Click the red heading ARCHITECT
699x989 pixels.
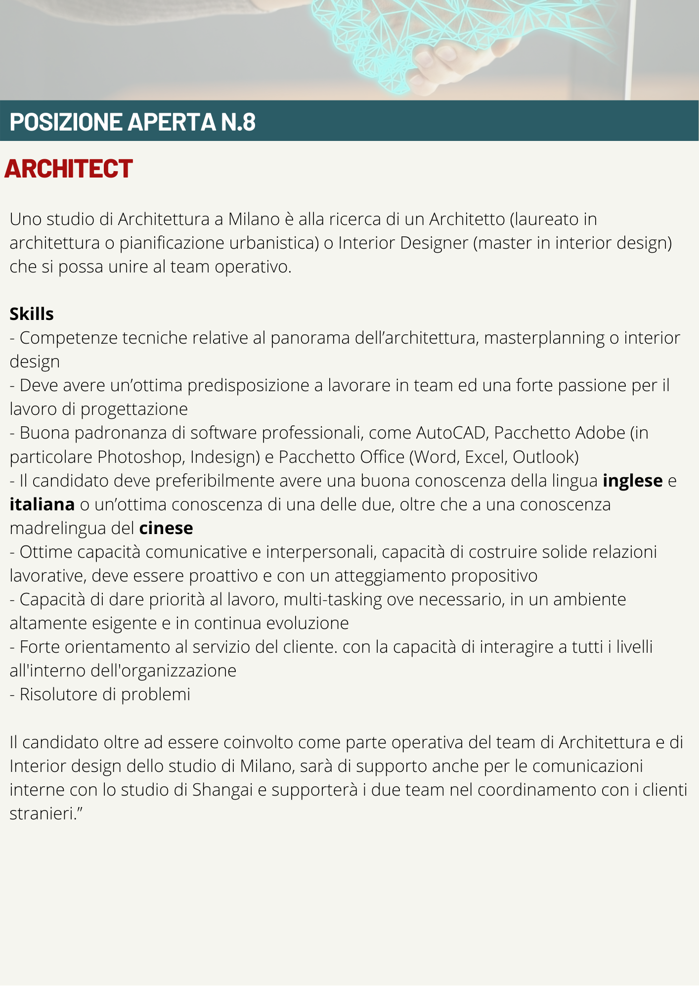pos(68,169)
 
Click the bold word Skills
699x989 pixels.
pos(32,314)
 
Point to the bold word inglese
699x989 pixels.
pos(632,481)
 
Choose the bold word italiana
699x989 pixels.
pos(42,504)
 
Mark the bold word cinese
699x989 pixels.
pos(166,528)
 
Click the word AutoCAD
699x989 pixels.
pos(451,433)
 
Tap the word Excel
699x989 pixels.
pos(485,456)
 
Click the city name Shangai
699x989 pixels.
pos(222,790)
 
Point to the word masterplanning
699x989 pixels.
pos(544,338)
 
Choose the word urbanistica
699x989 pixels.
pos(274,243)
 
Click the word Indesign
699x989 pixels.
pos(224,456)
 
